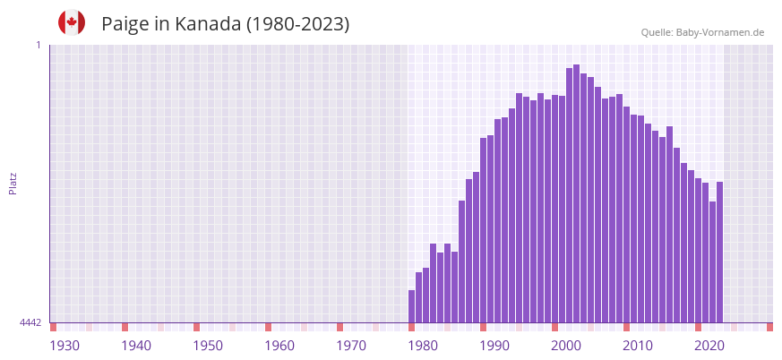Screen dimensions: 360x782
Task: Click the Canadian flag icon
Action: point(72,22)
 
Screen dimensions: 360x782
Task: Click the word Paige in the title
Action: point(125,24)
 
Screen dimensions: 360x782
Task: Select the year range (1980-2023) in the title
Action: point(298,24)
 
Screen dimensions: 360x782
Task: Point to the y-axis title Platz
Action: point(13,183)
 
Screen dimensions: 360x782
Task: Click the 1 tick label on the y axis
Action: point(39,45)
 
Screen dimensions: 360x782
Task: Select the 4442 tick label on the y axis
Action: point(30,322)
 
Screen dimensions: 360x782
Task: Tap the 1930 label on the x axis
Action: point(64,346)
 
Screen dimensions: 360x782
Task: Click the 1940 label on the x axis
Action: point(136,346)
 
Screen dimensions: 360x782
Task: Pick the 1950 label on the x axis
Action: point(208,346)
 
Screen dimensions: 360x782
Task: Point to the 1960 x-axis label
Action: point(279,346)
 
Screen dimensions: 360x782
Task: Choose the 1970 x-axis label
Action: point(351,346)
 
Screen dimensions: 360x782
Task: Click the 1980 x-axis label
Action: point(423,346)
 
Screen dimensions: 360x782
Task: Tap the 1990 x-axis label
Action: point(494,346)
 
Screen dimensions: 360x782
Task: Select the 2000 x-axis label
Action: point(566,346)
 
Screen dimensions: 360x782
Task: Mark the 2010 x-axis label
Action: point(638,346)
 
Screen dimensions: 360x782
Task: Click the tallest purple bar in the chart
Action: point(576,193)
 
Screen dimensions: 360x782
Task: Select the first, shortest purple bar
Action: point(411,306)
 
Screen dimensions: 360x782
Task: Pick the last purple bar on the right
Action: point(719,252)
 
